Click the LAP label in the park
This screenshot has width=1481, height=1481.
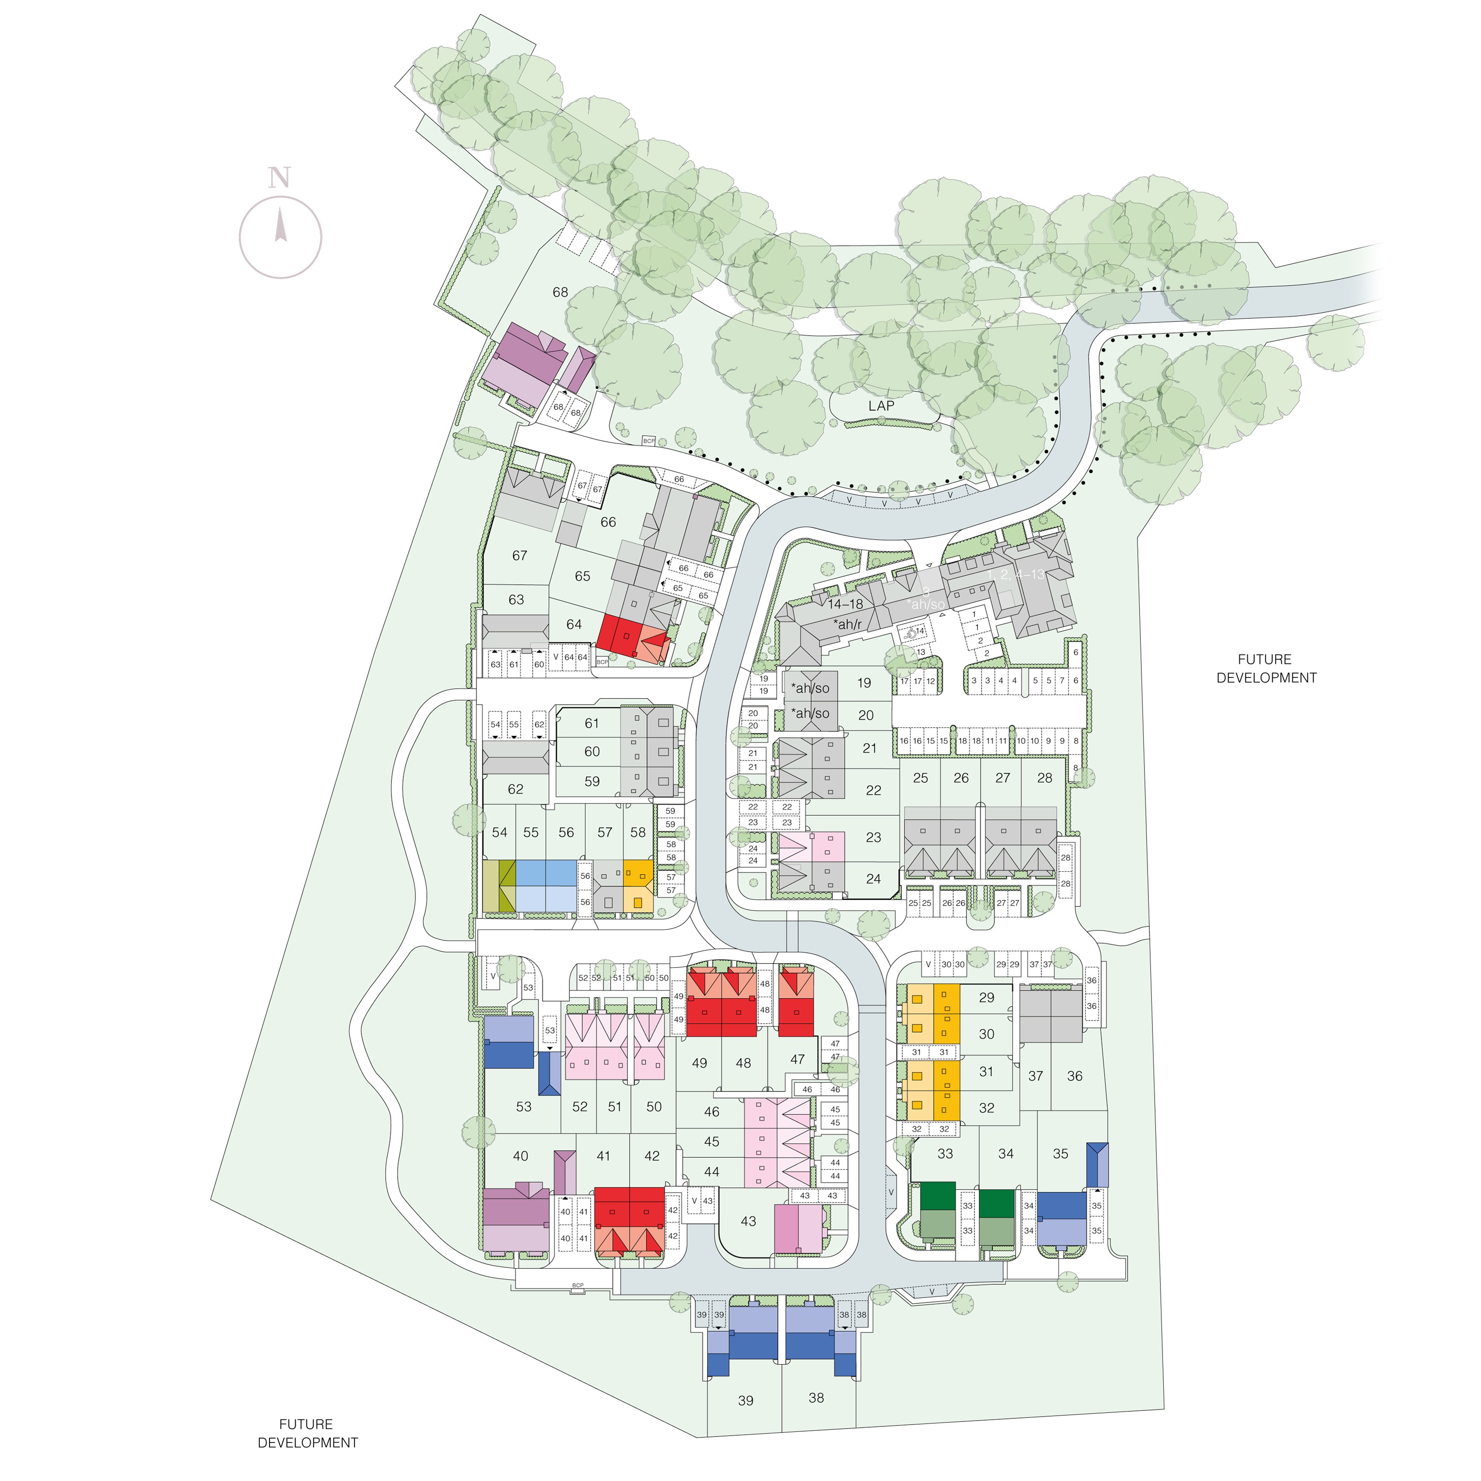(x=881, y=405)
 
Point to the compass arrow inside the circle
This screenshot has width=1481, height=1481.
(x=281, y=227)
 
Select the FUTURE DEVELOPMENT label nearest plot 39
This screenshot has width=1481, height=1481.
(x=307, y=1433)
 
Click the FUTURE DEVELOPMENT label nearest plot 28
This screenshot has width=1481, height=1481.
(x=1266, y=669)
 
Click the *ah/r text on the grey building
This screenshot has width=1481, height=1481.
(x=848, y=625)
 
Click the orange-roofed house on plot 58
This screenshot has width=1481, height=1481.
(x=638, y=885)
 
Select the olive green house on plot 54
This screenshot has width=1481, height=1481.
(x=499, y=885)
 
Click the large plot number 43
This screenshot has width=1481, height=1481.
(x=748, y=1221)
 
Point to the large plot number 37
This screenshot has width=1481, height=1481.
(x=1035, y=1076)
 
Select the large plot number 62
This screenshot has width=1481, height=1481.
(x=515, y=789)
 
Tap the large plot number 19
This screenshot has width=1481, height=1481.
(x=864, y=683)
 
